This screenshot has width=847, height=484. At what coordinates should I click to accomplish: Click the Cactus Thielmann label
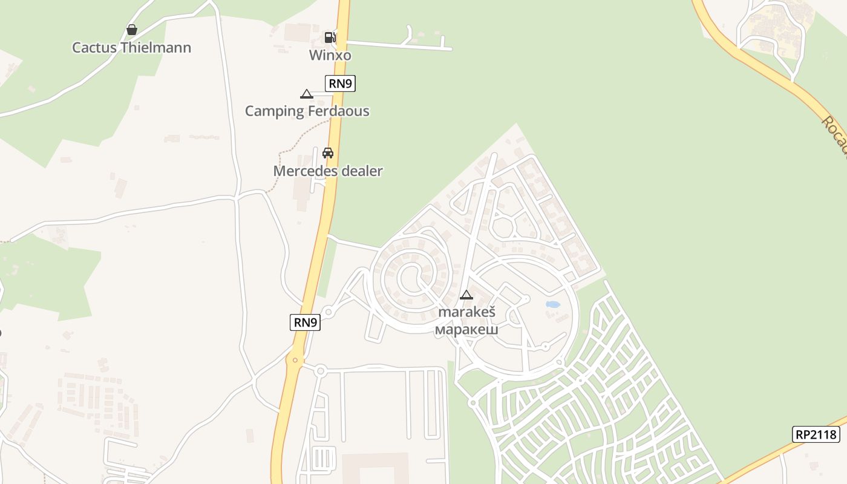pos(131,47)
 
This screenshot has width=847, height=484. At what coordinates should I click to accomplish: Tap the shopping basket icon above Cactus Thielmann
pos(131,30)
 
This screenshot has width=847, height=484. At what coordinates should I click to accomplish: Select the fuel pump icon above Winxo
pos(329,37)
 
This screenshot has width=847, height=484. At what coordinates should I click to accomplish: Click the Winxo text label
pos(330,55)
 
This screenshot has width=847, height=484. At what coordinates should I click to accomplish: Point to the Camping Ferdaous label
pos(307,111)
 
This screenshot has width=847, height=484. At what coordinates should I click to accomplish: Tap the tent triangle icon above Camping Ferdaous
pos(307,94)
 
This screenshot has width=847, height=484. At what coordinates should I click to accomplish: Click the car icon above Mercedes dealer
pos(328,153)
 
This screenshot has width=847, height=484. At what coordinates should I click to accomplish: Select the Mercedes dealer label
pos(328,171)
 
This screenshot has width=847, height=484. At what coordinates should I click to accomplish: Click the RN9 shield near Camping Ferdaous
pos(340,83)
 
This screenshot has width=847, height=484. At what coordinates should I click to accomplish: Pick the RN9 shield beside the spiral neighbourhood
pos(305,322)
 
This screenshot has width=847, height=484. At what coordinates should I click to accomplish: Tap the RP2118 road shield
pos(816,434)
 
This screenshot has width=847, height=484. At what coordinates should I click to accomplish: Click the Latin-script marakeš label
pos(466,312)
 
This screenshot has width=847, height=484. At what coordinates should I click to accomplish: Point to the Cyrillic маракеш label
pos(466,330)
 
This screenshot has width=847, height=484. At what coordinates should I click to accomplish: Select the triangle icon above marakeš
pos(466,295)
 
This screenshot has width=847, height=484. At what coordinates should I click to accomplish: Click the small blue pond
pos(552,305)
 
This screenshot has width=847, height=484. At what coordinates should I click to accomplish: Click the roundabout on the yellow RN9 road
pos(295,361)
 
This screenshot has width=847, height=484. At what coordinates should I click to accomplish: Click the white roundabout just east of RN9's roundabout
pos(321,370)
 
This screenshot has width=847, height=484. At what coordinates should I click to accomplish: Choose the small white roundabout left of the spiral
pos(329,312)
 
